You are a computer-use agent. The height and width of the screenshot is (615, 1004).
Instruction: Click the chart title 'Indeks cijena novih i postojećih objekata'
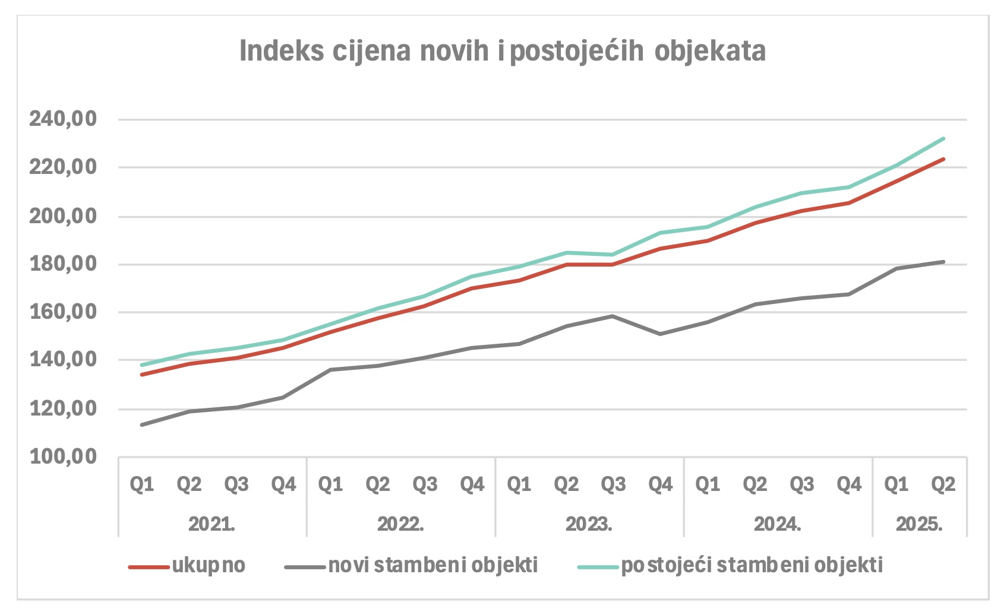tap(502, 51)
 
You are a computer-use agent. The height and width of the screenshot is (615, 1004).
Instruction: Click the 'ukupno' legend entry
tap(209, 565)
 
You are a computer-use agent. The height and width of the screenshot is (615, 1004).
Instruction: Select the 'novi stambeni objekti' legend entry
tap(432, 565)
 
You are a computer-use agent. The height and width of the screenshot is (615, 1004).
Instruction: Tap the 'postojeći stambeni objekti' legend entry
tap(752, 565)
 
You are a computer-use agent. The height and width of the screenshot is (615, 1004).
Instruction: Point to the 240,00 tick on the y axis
tap(63, 119)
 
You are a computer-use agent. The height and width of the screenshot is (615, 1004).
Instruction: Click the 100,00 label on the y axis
tap(63, 457)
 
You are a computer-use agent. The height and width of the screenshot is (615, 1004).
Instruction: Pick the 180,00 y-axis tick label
tap(63, 264)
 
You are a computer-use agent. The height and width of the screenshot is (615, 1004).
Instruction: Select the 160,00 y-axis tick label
tap(63, 312)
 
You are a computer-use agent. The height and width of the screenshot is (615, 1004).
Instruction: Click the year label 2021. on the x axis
tap(212, 524)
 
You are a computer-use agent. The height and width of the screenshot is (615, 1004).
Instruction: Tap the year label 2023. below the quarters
tap(589, 524)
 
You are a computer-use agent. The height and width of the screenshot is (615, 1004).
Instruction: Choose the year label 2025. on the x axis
tap(919, 524)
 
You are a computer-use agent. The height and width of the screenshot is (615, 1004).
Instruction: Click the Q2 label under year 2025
tap(943, 485)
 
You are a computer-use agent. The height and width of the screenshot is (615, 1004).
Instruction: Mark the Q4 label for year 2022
tap(472, 485)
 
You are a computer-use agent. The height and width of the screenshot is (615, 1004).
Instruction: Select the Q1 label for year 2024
tap(708, 485)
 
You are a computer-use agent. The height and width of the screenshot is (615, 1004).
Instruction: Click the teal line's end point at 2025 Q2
tap(943, 139)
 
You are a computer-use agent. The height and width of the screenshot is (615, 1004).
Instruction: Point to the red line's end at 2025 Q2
tap(943, 159)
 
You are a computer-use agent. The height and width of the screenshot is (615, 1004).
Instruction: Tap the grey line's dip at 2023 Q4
tap(660, 334)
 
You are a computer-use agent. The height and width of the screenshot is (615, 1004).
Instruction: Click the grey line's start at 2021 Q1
tap(142, 425)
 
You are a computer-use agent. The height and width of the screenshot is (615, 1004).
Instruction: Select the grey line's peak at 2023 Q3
tap(613, 316)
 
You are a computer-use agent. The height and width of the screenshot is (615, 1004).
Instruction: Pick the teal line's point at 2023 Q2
tap(566, 253)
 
